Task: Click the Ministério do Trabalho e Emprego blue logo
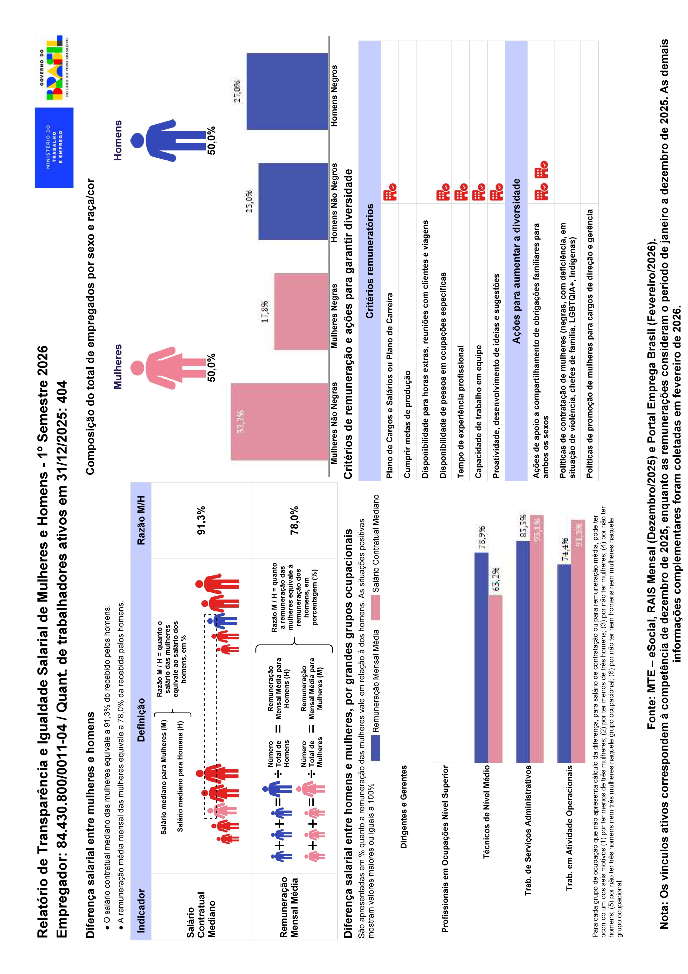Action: (x=54, y=147)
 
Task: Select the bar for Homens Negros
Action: (x=287, y=91)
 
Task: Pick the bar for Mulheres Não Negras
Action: (x=279, y=421)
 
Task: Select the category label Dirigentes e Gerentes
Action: (x=403, y=806)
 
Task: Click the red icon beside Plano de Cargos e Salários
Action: (x=390, y=192)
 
